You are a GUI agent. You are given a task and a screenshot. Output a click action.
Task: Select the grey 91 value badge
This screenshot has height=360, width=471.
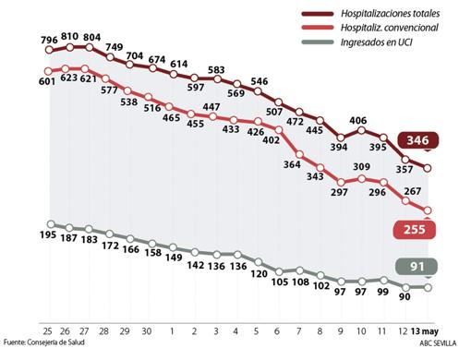click(x=417, y=267)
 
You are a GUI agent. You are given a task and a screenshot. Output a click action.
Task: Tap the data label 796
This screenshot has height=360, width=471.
click(x=50, y=40)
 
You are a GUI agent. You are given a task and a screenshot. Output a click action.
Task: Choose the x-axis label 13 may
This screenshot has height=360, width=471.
click(x=425, y=330)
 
